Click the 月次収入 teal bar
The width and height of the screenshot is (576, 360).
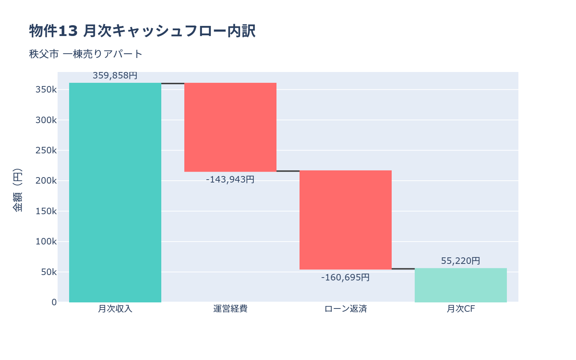point(115,193)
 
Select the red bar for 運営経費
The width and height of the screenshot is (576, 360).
point(230,127)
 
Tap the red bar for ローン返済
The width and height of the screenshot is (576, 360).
point(346,220)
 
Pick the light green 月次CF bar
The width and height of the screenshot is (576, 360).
point(461,285)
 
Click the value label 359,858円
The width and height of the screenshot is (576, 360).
point(115,76)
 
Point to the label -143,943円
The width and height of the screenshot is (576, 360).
point(230,179)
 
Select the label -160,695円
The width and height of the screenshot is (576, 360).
point(346,278)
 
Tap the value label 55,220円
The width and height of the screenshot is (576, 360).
point(461,261)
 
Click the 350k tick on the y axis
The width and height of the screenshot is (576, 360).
point(46,90)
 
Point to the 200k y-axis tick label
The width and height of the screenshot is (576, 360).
point(46,181)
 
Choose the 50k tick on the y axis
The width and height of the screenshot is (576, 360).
point(49,272)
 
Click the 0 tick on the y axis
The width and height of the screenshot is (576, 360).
point(54,302)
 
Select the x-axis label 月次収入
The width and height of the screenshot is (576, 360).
point(115,309)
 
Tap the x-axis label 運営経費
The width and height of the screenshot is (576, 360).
point(230,309)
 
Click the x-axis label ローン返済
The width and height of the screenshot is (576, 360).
point(346,309)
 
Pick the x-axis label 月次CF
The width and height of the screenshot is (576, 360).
point(461,309)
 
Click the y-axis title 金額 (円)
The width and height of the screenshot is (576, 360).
point(17,190)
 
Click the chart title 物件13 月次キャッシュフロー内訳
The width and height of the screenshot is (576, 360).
point(142,31)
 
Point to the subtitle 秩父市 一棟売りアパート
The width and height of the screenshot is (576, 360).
point(86,54)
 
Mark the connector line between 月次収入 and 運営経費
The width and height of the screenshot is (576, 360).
point(173,84)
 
